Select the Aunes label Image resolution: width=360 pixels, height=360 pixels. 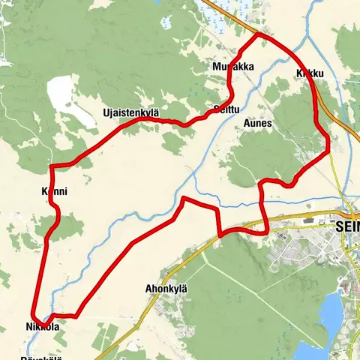point(257,122)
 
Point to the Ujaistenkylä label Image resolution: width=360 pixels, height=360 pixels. point(131,113)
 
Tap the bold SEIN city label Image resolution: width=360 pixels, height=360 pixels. point(346,224)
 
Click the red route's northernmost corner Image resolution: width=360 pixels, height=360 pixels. point(259,34)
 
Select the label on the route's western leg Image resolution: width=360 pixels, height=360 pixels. point(54,192)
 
